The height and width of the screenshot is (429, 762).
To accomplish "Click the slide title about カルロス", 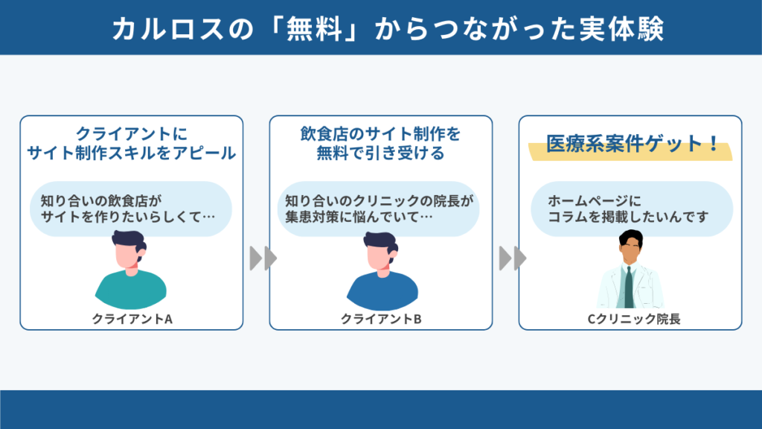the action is coord(388,29).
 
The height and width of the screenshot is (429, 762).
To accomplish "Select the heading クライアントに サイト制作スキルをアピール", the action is coord(131,144).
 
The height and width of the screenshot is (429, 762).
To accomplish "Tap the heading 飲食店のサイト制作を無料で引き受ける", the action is coord(380,144).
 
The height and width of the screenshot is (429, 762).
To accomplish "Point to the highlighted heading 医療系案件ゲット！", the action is coord(631,144).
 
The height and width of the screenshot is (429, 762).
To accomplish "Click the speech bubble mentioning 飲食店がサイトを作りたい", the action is coord(131,209).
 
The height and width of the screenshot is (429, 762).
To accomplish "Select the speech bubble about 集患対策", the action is coord(378,209).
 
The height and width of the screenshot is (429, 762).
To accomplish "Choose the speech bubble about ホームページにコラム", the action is coord(631,209).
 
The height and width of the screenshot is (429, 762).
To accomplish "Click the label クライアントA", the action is coord(132,319).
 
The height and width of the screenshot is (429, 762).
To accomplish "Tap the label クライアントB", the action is coord(381,319).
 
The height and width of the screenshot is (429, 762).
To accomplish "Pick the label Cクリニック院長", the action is coord(634,319).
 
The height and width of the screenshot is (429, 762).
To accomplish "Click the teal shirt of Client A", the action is coord(131,290).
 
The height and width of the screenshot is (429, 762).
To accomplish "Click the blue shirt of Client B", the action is coord(382,292).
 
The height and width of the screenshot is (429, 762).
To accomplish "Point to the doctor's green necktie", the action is coord(629,287).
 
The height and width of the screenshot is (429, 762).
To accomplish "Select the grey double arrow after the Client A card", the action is coord(263,258).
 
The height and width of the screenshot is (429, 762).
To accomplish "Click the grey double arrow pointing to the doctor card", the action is coord(513,258).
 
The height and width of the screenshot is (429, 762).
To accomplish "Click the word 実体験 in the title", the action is coord(621,29).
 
